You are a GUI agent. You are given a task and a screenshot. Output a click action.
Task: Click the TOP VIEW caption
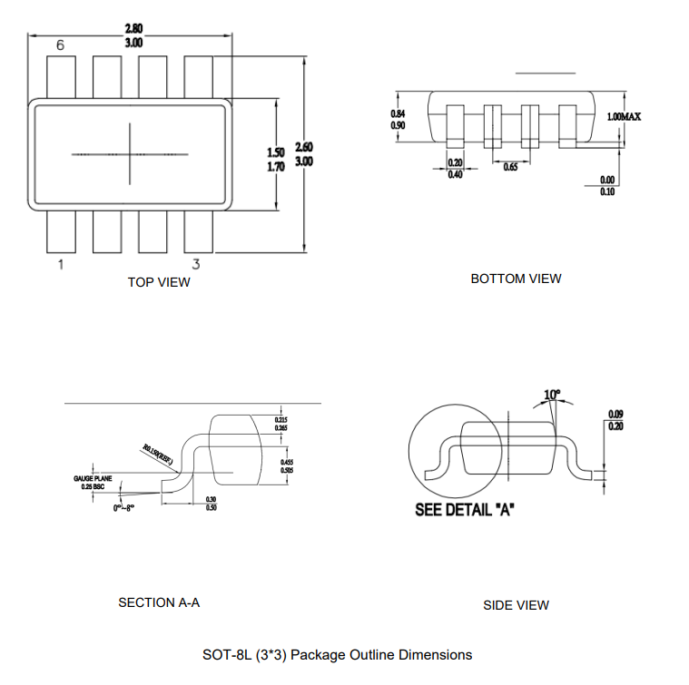[x=159, y=282]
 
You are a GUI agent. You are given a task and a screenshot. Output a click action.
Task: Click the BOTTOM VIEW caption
[x=516, y=279]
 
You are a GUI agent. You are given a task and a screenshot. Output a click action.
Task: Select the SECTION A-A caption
[x=159, y=602]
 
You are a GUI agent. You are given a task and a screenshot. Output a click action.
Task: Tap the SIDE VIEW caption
[x=516, y=605]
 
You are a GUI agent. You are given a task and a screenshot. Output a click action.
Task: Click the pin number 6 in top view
[x=60, y=45]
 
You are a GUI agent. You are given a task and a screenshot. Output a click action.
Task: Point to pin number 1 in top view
[x=61, y=265]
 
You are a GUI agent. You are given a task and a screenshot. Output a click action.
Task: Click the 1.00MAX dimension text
[x=624, y=118]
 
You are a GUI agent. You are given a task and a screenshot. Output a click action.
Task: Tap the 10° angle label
[x=552, y=395]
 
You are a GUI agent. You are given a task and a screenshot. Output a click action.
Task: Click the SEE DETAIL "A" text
[x=465, y=510]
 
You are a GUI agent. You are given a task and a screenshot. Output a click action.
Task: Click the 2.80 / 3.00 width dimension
[x=133, y=35]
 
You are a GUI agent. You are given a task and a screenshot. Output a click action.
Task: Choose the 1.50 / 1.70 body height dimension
[x=276, y=160]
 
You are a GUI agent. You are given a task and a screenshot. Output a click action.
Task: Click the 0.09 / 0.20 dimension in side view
[x=615, y=420]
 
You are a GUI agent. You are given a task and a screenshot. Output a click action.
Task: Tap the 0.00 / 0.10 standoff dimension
[x=607, y=185]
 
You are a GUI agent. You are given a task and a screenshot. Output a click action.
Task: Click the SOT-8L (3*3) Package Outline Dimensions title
[x=338, y=654]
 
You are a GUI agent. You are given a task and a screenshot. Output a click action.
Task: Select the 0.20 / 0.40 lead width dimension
[x=456, y=169]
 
